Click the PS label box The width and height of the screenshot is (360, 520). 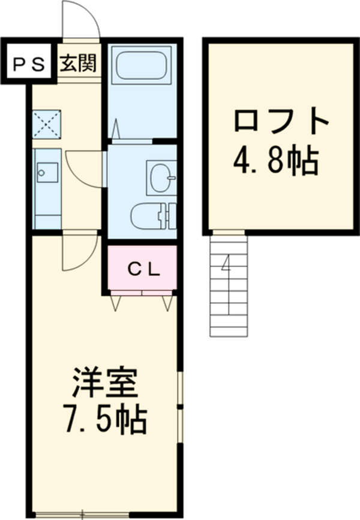(29, 63)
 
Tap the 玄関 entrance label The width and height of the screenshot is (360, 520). (79, 62)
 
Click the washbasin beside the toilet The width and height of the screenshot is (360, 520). (161, 177)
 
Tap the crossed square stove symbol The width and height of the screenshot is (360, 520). (46, 124)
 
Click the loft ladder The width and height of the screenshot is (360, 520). (229, 285)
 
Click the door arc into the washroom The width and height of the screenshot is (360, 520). (85, 168)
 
